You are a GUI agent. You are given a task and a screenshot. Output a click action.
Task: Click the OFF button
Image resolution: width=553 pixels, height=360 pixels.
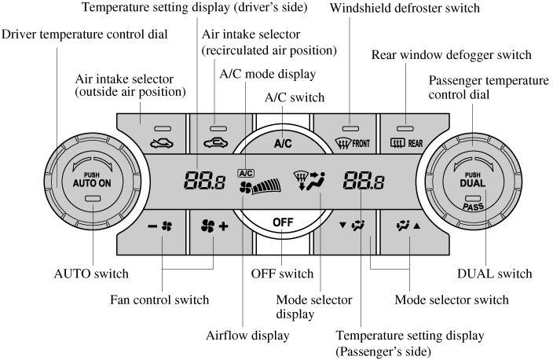[x=282, y=222]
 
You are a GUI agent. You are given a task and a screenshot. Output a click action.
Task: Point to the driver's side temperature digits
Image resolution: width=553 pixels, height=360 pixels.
[x=202, y=183]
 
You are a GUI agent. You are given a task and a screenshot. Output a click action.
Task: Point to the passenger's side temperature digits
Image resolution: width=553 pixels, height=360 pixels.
[x=362, y=183]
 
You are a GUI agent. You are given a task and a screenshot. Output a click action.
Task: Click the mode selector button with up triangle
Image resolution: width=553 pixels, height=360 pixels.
[x=409, y=226]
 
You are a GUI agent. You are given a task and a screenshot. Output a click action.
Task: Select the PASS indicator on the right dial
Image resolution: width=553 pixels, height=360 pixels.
[x=473, y=207]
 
